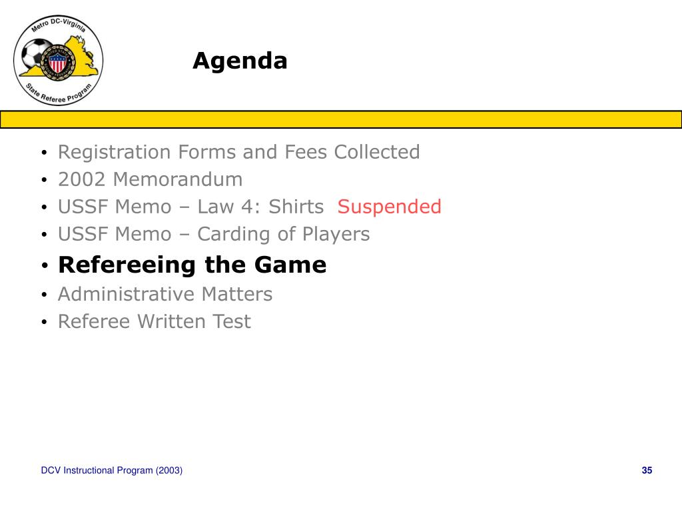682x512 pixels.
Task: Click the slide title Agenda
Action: [240, 61]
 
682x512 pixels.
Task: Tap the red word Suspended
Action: [389, 207]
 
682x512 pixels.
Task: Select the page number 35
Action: [647, 470]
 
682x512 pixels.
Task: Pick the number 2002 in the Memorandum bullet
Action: [82, 179]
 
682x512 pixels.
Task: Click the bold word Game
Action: [290, 265]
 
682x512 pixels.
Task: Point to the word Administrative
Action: [127, 294]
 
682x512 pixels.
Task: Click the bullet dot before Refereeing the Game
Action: [45, 265]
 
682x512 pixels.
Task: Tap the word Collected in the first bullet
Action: [377, 152]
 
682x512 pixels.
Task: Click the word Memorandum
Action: [177, 179]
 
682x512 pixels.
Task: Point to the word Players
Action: [336, 235]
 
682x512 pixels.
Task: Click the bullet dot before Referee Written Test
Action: [45, 322]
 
